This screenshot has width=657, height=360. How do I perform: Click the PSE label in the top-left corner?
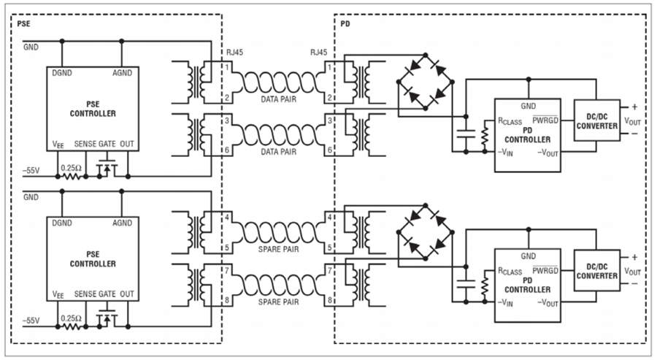pos(23,24)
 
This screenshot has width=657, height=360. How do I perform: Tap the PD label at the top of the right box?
pos(345,24)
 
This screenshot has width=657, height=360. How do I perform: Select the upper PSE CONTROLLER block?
pos(93,109)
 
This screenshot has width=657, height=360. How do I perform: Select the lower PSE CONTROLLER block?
pos(93,258)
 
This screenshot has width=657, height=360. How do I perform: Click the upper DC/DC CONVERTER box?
pos(596,120)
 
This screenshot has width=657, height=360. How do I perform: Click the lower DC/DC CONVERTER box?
pos(596,271)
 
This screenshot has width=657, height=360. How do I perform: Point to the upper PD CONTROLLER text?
pos(528,135)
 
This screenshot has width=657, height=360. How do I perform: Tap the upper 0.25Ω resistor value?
pos(72,168)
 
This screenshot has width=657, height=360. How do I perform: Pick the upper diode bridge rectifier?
pos(426,82)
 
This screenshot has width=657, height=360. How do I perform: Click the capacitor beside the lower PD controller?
pos(466,284)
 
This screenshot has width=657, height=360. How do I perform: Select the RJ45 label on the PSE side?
pos(234,53)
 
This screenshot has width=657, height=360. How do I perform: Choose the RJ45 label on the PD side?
pos(318,53)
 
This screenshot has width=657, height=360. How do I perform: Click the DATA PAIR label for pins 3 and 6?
pos(279,152)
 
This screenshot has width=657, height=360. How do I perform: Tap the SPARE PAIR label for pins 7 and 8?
pos(279,302)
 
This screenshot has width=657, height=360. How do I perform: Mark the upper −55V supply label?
pos(31,171)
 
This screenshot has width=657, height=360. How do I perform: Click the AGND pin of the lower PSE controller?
pos(122,223)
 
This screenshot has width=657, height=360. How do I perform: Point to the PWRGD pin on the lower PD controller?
pos(545,270)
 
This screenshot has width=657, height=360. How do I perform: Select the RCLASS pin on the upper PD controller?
pos(510,121)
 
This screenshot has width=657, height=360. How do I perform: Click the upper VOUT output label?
pos(632,120)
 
